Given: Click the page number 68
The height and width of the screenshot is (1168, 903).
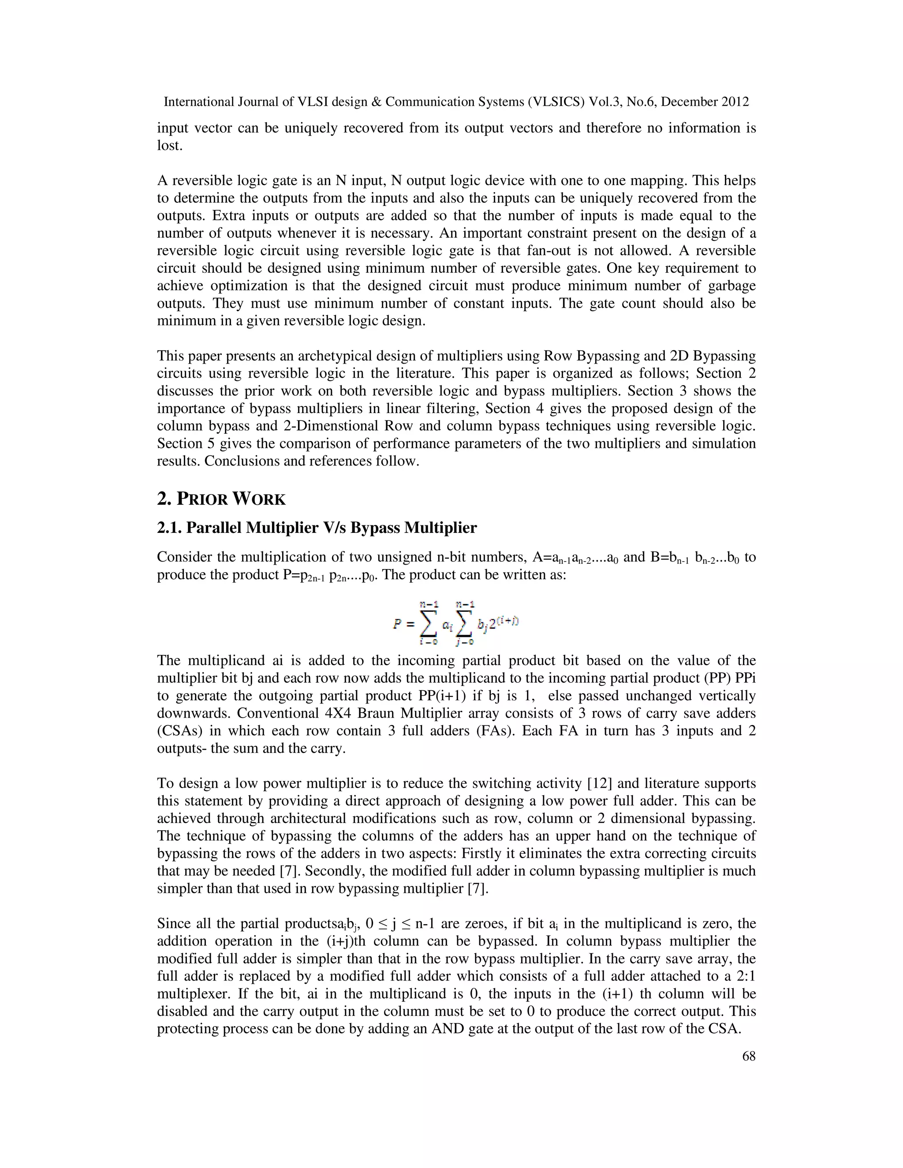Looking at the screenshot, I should (748, 1056).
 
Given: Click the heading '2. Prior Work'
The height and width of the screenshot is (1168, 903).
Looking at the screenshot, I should (221, 499).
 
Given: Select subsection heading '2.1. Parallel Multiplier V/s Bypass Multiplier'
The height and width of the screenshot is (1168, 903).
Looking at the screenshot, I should (317, 528).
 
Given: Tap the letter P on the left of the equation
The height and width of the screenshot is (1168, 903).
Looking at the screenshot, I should (397, 624).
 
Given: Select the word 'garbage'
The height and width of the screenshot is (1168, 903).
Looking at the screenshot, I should (730, 286).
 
